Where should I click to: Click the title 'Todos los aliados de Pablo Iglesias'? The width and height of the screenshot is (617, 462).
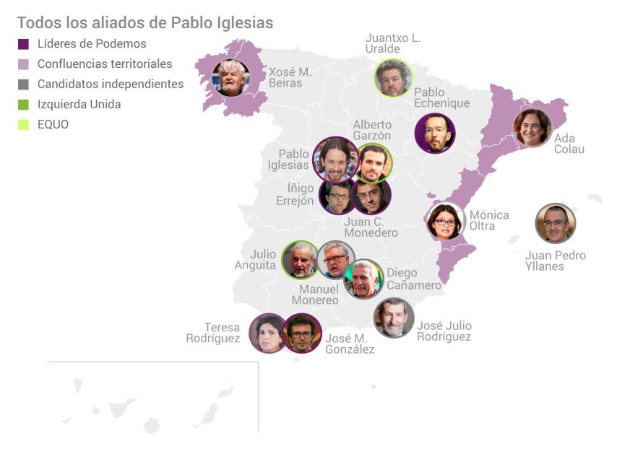144,22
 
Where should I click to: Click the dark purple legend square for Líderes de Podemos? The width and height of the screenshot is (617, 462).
23,44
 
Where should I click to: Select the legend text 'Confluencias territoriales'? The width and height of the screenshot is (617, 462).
105,64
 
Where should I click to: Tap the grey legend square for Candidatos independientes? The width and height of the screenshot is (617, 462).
23,84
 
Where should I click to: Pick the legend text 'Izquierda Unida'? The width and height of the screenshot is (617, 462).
79,104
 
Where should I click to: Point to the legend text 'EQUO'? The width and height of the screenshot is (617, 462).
53,124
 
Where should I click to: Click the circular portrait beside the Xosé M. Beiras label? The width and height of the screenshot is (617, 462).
231,78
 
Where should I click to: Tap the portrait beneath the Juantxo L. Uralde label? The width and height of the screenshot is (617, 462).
394,78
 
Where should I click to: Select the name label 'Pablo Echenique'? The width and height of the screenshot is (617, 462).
441,97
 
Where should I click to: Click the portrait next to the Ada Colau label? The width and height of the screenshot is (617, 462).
532,128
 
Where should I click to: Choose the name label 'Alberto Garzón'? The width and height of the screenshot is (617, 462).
371,130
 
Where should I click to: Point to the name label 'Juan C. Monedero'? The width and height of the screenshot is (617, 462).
371,227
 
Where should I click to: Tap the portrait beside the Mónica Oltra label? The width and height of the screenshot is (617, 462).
445,222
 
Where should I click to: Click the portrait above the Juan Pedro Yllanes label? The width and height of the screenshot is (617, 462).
555,224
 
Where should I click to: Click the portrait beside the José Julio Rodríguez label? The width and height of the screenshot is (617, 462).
394,318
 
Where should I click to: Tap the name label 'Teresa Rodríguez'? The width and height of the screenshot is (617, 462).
212,333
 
